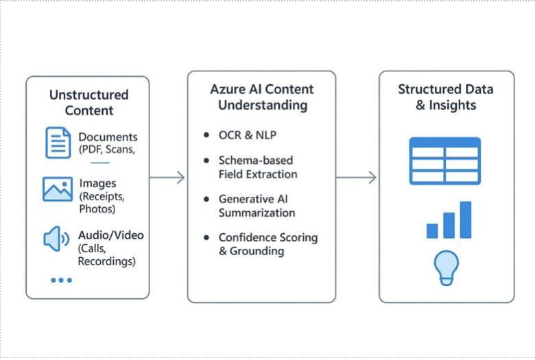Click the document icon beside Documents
[x=58, y=143]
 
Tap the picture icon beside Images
[x=58, y=189]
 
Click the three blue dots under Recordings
[x=61, y=280]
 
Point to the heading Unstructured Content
[x=88, y=102]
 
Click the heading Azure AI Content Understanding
[x=262, y=97]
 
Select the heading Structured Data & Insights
[x=445, y=97]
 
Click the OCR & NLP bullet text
[x=247, y=135]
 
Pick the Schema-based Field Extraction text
[x=257, y=167]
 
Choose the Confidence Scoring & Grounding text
[x=267, y=244]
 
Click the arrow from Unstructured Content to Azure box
[x=167, y=178]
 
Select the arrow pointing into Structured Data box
[x=356, y=178]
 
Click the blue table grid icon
[x=444, y=161]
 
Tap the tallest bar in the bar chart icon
[x=466, y=219]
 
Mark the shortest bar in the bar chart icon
[x=432, y=230]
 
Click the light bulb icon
[x=447, y=267]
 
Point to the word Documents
[x=108, y=137]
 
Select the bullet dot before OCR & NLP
[x=206, y=135]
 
